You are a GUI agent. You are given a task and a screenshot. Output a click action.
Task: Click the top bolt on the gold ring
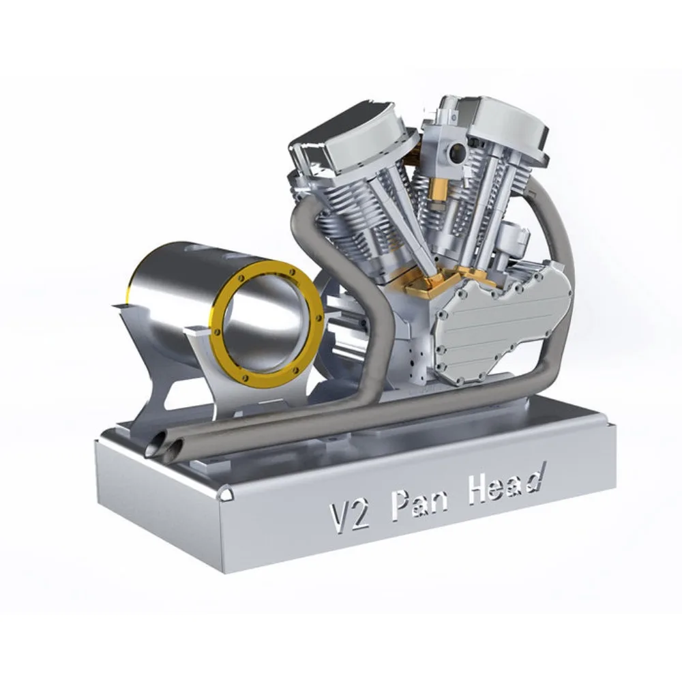coord(294,272)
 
